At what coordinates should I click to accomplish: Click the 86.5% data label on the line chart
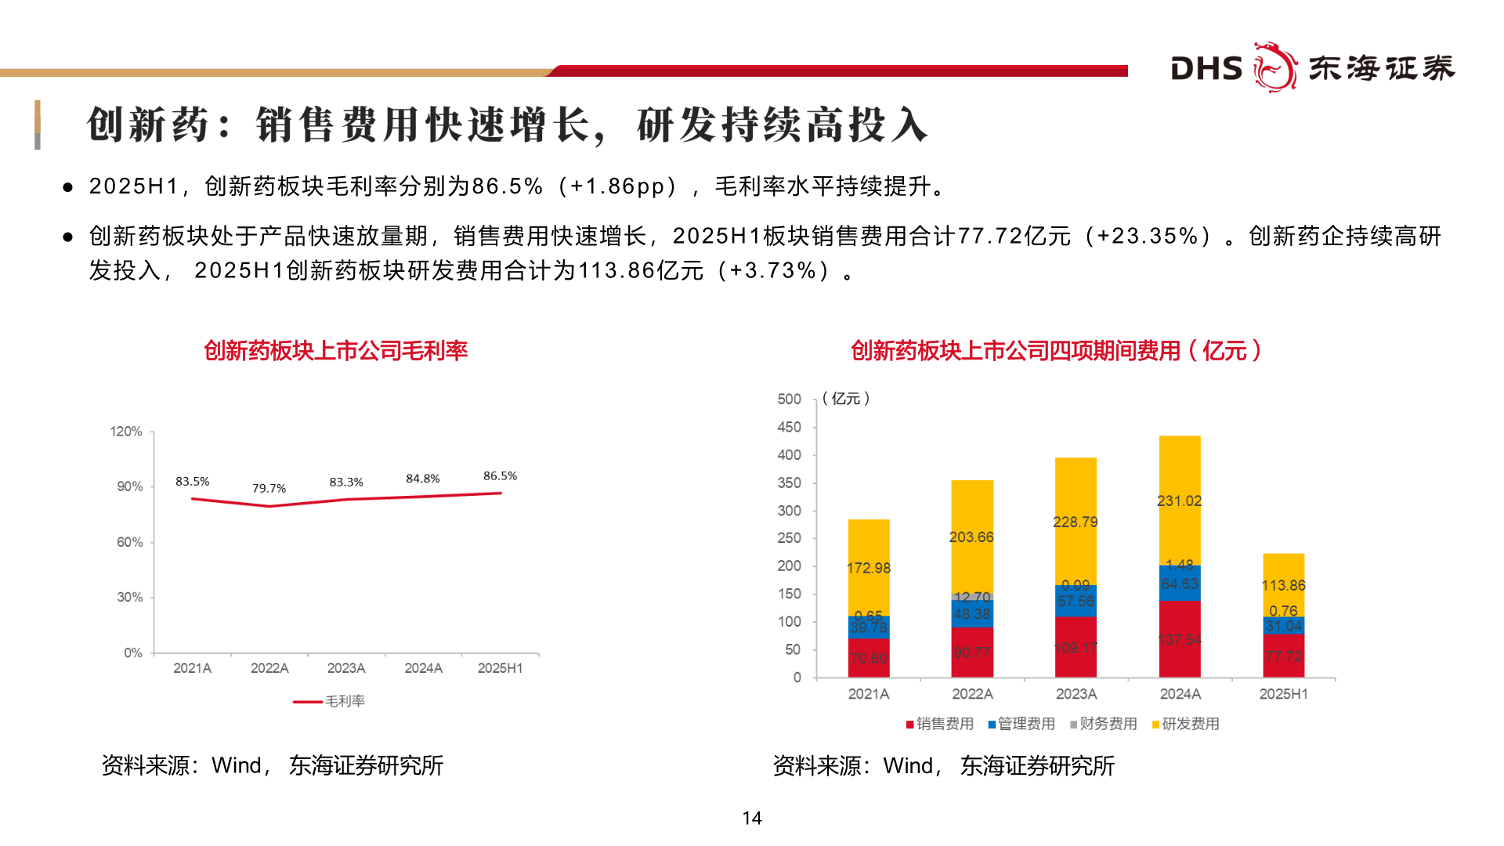(500, 475)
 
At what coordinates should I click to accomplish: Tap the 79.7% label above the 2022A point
(269, 488)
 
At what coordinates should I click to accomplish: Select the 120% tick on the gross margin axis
(126, 432)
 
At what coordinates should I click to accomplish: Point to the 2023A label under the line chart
(345, 668)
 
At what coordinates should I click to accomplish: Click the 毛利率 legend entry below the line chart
(345, 701)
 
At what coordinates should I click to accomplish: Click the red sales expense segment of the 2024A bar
(1179, 638)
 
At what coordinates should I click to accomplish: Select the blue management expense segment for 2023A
(1075, 602)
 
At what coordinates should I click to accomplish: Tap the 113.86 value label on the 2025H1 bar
(1282, 585)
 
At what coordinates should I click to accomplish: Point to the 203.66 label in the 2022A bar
(971, 537)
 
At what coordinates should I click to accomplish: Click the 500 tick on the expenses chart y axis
(789, 399)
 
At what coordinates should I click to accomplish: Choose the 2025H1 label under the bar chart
(1282, 694)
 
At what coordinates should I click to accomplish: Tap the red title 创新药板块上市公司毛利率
(335, 350)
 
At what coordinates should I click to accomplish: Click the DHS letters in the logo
(1206, 69)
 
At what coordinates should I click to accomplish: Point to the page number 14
(751, 818)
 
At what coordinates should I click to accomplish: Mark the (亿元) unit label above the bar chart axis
(846, 399)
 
